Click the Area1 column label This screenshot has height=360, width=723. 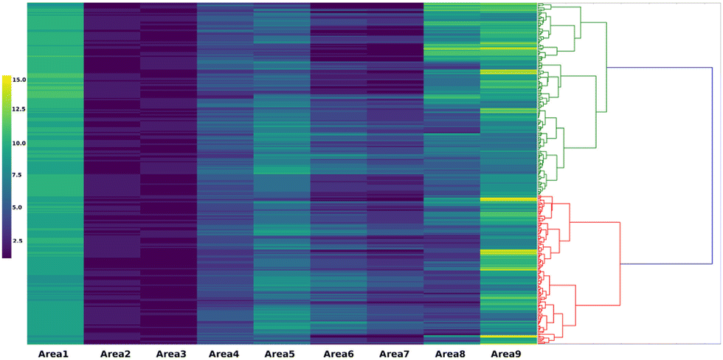point(53,354)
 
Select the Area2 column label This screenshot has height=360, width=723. point(115,354)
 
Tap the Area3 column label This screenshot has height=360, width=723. point(172,354)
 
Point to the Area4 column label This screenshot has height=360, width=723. point(224,354)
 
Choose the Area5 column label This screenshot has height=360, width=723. point(280,354)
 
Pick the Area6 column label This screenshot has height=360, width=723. point(339,354)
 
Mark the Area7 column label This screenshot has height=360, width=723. point(395,354)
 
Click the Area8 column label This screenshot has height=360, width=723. point(450,354)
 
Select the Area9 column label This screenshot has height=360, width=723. point(506,354)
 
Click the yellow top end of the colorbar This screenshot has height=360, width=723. point(7,78)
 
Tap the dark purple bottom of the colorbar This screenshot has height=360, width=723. point(7,255)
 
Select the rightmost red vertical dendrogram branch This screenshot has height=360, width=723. point(620,243)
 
